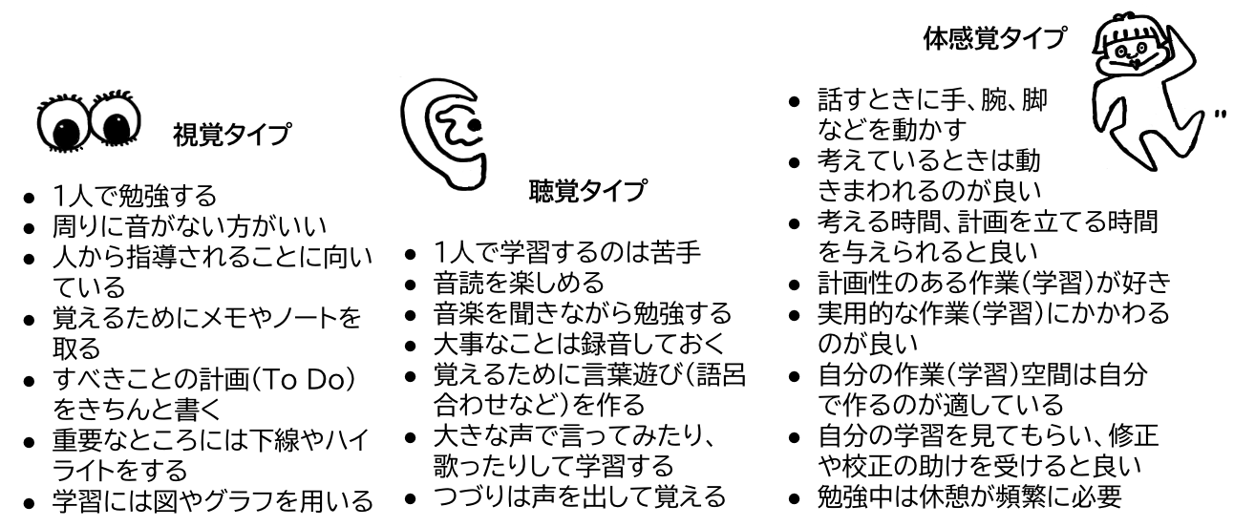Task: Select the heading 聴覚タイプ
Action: (x=586, y=191)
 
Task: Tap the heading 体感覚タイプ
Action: (x=994, y=39)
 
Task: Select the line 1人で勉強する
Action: (x=134, y=197)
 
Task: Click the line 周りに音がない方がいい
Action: (x=187, y=227)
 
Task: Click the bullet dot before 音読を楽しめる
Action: (x=410, y=284)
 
